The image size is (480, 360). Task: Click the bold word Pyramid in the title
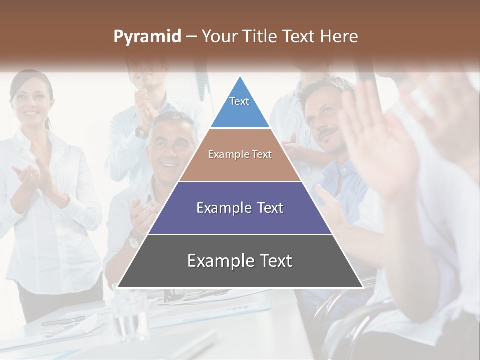147,36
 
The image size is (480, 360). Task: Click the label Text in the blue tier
239,101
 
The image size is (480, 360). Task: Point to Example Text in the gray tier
240,261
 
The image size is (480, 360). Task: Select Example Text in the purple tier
240,208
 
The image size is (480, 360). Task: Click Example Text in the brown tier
240,154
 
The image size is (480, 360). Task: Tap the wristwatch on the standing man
141,132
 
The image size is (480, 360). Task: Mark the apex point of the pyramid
240,76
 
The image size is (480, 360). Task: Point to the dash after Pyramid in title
191,37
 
